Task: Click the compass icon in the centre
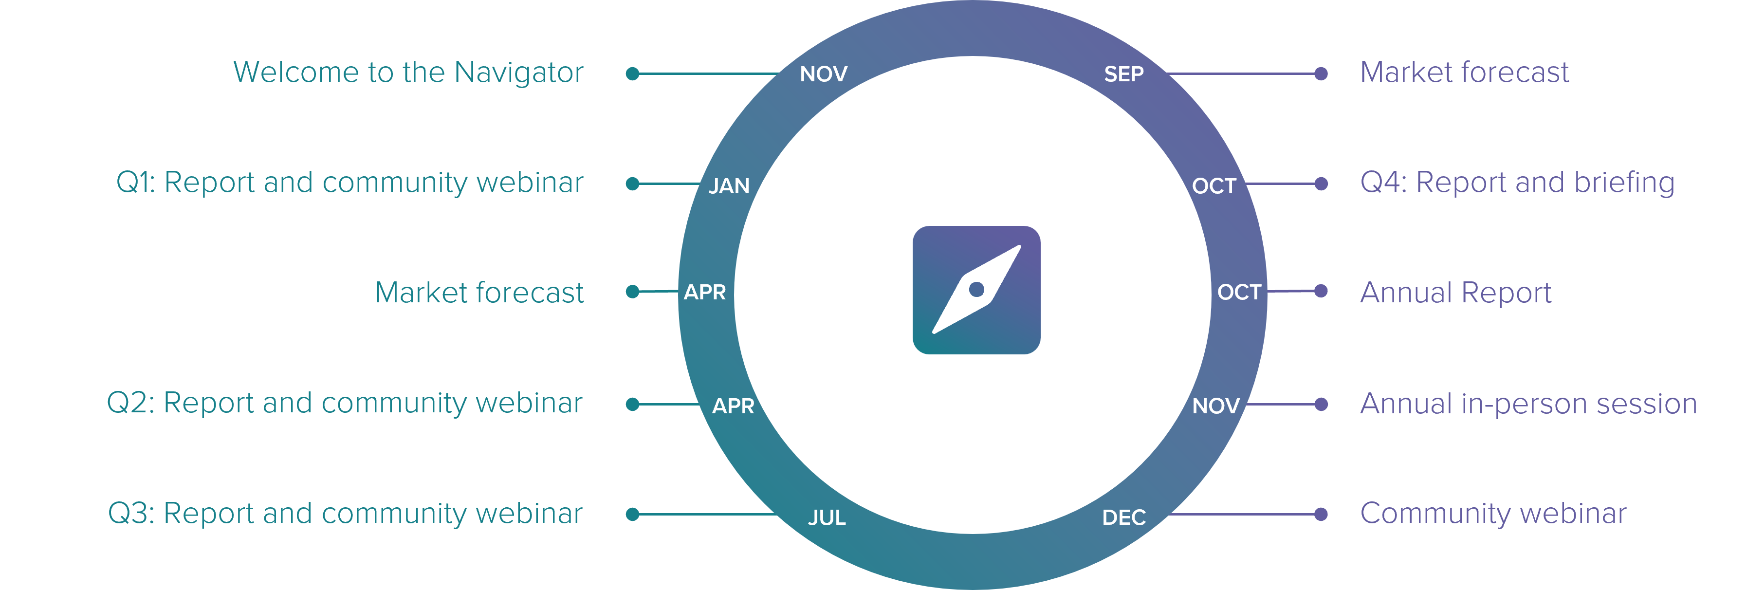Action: pyautogui.click(x=976, y=290)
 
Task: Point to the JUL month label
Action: pyautogui.click(x=826, y=517)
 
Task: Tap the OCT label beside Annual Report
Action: pyautogui.click(x=1238, y=292)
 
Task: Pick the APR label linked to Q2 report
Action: pyautogui.click(x=733, y=406)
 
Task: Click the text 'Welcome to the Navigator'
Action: pyautogui.click(x=407, y=73)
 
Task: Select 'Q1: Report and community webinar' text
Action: pyautogui.click(x=349, y=183)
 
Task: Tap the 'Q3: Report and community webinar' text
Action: pyautogui.click(x=345, y=514)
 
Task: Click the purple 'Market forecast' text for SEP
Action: pyautogui.click(x=1464, y=73)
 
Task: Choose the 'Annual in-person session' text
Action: pyautogui.click(x=1528, y=404)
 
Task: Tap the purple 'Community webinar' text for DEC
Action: pyautogui.click(x=1493, y=514)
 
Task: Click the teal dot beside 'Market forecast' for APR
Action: pyautogui.click(x=633, y=292)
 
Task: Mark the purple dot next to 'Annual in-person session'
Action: pyautogui.click(x=1321, y=404)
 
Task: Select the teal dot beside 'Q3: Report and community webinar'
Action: pyautogui.click(x=633, y=514)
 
